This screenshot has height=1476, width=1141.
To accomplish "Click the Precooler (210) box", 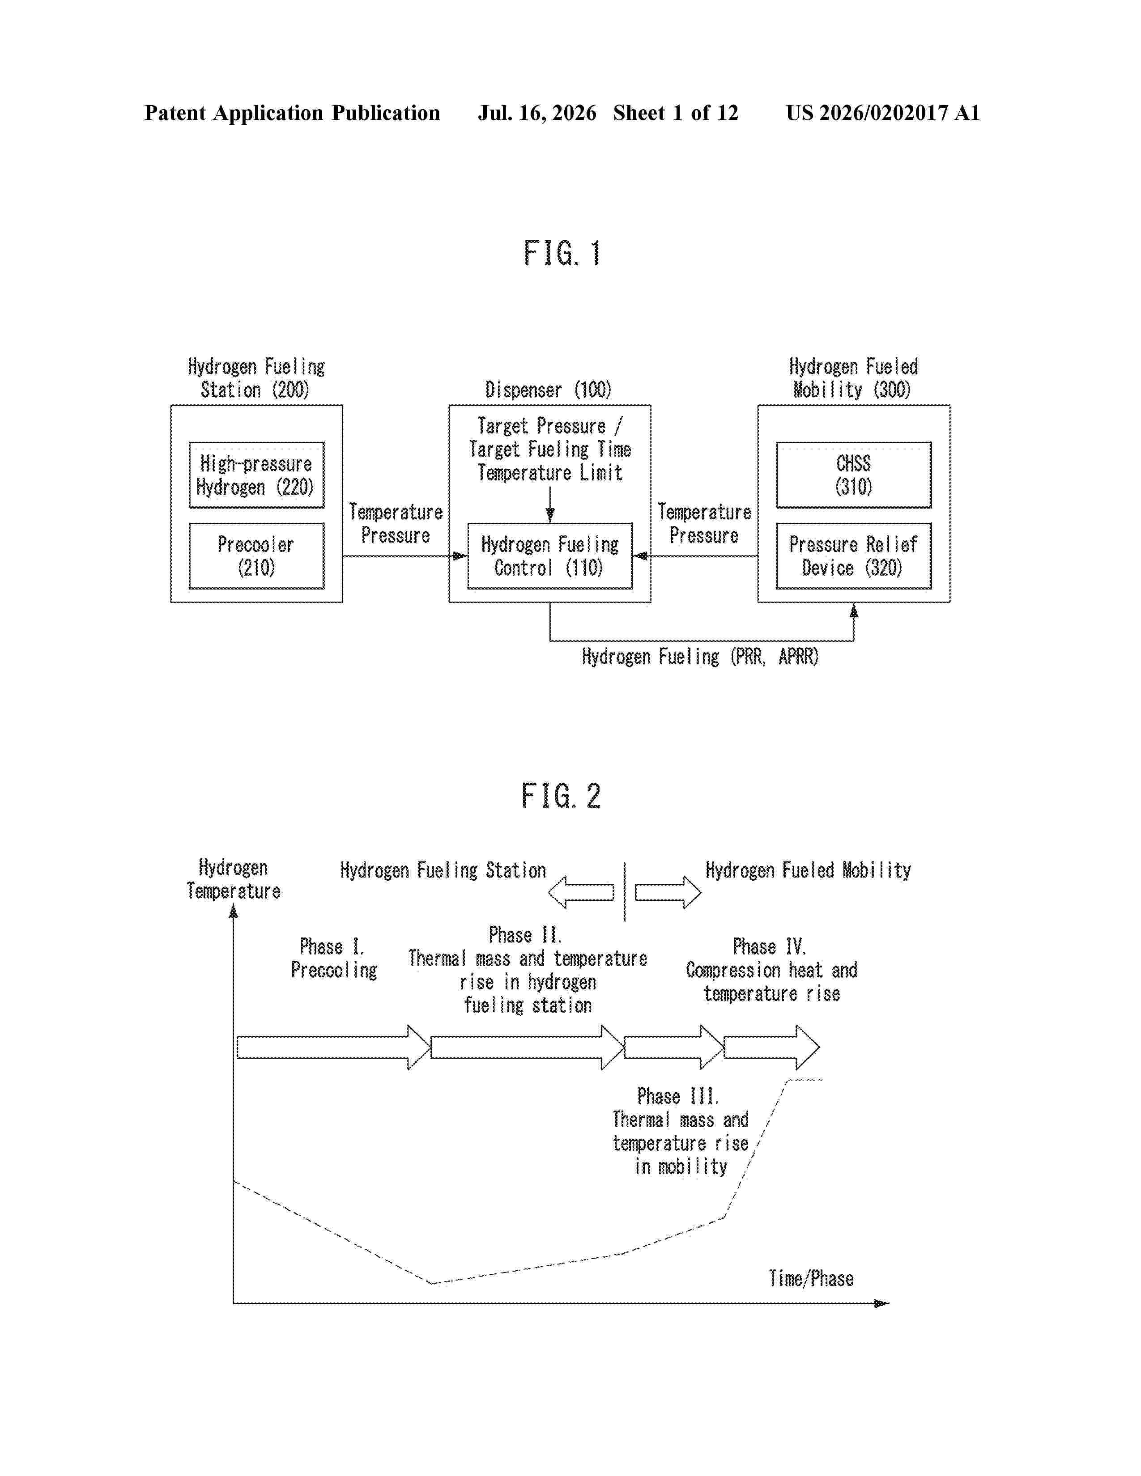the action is [256, 556].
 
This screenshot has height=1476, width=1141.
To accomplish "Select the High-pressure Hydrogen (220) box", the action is [256, 475].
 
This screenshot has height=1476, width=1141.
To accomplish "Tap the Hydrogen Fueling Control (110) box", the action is [550, 556].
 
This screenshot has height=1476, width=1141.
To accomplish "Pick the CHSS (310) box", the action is [854, 475].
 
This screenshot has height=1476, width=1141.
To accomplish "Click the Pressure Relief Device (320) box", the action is [854, 556].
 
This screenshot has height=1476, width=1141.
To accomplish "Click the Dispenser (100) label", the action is [548, 390].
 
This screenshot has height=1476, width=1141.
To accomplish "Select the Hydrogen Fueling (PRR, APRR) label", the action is [700, 657].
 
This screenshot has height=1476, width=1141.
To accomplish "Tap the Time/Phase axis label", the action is [811, 1279].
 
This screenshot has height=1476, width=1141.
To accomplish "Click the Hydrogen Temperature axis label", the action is [233, 879].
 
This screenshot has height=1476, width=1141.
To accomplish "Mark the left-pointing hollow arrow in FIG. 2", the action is [581, 893].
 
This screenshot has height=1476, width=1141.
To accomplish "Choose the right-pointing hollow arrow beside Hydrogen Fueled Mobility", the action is [668, 893].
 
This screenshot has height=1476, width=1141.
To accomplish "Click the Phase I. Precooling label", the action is [334, 959].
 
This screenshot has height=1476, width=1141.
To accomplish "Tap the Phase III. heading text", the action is [678, 1096].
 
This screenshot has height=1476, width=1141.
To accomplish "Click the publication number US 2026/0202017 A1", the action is [883, 113].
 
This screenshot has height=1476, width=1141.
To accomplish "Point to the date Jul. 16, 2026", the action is [537, 113].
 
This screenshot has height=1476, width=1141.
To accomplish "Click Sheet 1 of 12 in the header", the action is [676, 113].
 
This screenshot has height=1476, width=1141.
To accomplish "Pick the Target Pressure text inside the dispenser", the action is [541, 426].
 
